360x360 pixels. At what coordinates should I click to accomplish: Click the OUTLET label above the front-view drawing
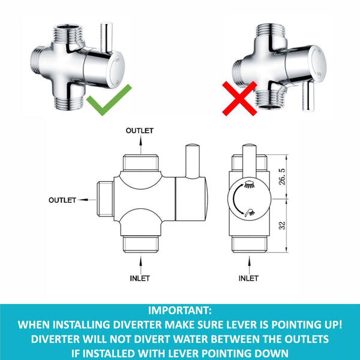pyautogui.click(x=139, y=130)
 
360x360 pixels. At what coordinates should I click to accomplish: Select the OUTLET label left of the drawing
pyautogui.click(x=62, y=200)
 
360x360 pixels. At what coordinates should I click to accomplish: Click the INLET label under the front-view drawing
pyautogui.click(x=140, y=278)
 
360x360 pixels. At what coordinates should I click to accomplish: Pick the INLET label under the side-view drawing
pyautogui.click(x=248, y=278)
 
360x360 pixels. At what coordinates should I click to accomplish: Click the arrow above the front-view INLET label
pyautogui.click(x=140, y=263)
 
